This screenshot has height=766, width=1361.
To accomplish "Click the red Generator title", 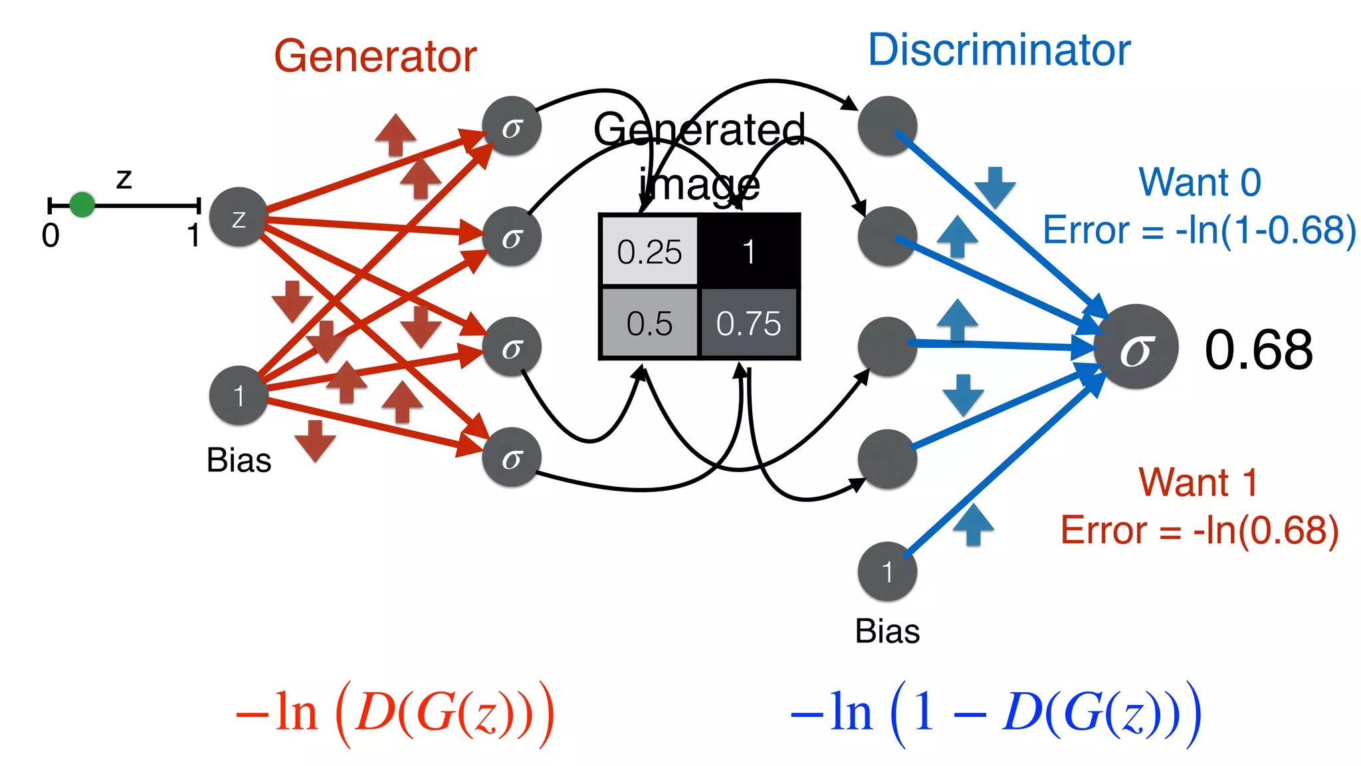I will (375, 56).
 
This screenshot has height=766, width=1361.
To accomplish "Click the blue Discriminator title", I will (999, 50).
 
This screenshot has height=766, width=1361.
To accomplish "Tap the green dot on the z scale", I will (82, 205).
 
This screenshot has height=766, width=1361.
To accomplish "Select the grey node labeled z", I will (238, 217).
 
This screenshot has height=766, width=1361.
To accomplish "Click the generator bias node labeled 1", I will (238, 396).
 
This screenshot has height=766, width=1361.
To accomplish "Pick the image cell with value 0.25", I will (649, 251).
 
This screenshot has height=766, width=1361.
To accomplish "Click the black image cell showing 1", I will (749, 251).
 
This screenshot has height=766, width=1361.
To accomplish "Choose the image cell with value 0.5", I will (649, 323).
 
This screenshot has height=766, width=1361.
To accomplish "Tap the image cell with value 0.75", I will (749, 323).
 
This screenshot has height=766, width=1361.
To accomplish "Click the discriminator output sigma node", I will (1136, 347).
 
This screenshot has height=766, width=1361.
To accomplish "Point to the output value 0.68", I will (1258, 350).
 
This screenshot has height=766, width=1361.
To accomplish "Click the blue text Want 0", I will (1200, 182).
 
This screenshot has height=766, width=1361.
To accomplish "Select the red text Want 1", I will (1198, 482).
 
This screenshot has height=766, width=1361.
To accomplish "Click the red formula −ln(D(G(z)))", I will (395, 713).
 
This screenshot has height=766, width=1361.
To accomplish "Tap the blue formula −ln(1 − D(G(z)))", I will (995, 713).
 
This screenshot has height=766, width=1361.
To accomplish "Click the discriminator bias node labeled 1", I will (887, 571).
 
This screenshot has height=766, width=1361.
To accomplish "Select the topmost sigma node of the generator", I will (511, 126).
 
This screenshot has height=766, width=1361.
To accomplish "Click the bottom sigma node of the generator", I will (511, 457).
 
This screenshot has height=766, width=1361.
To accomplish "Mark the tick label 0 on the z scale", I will (51, 235).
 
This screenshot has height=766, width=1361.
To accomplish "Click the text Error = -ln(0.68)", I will (1199, 530).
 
